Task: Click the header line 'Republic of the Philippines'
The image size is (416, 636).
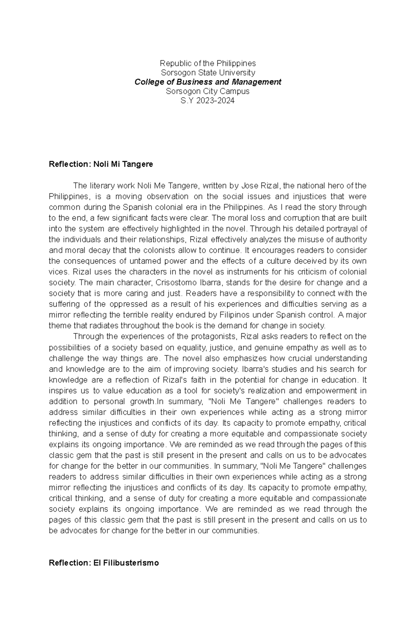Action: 208,63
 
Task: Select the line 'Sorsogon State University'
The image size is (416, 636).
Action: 208,73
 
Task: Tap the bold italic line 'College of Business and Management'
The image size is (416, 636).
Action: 208,82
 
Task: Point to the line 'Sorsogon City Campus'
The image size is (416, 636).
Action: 208,92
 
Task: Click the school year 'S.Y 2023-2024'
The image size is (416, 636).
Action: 208,101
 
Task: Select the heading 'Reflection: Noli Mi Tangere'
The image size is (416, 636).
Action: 101,164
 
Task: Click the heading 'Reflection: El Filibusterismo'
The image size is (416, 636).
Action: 104,563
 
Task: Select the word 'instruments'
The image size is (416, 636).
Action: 248,272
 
